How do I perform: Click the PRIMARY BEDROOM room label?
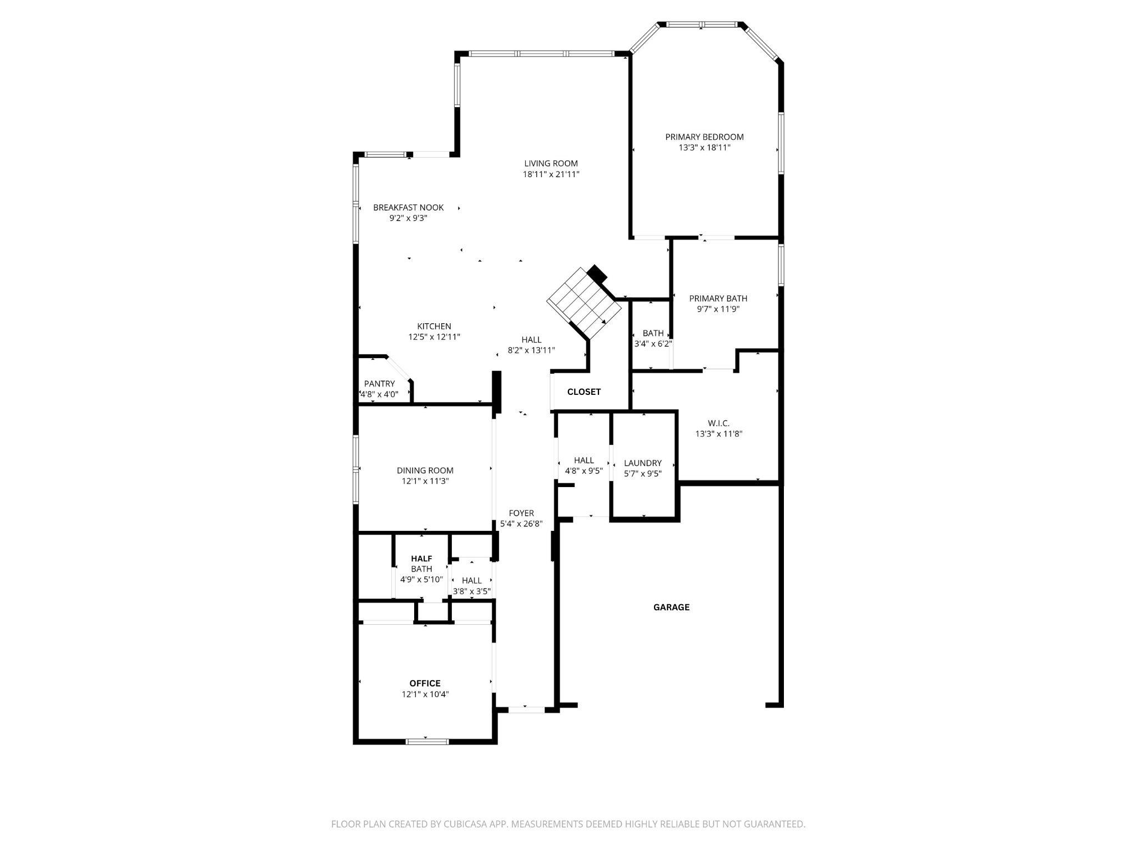coord(704,137)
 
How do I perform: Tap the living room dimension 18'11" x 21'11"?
coord(551,174)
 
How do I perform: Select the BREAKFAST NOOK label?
coord(408,208)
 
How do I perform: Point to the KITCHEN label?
coord(434,327)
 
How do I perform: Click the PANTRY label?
coord(379,384)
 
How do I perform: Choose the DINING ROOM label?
coord(425,470)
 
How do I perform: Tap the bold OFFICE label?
coord(425,683)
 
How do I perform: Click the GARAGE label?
coord(671,607)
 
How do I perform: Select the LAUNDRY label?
coord(642,463)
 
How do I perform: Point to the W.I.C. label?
coord(718,423)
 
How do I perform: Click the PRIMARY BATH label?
coord(718,299)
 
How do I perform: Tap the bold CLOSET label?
coord(583,392)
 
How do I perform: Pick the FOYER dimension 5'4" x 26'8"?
coord(521,524)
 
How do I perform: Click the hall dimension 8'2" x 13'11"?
coord(531,350)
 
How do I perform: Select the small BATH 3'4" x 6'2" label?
coord(653,333)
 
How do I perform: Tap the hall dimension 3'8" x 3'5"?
coord(471,591)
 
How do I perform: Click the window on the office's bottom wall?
coord(427,741)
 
